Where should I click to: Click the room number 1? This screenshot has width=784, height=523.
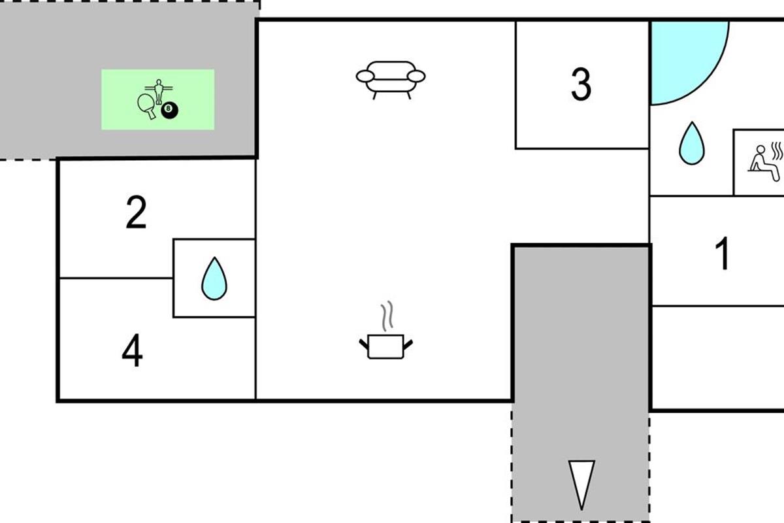[723, 254]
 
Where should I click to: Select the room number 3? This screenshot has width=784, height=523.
[581, 84]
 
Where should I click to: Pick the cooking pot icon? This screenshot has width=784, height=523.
[386, 346]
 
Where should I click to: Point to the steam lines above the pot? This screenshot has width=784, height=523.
[387, 315]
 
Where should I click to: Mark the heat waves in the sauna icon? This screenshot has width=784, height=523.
[777, 150]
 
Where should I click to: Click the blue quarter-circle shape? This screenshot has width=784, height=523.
[683, 56]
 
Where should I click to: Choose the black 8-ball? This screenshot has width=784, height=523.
[170, 111]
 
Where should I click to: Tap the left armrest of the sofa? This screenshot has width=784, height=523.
[364, 76]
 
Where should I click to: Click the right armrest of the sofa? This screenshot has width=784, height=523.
[417, 76]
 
